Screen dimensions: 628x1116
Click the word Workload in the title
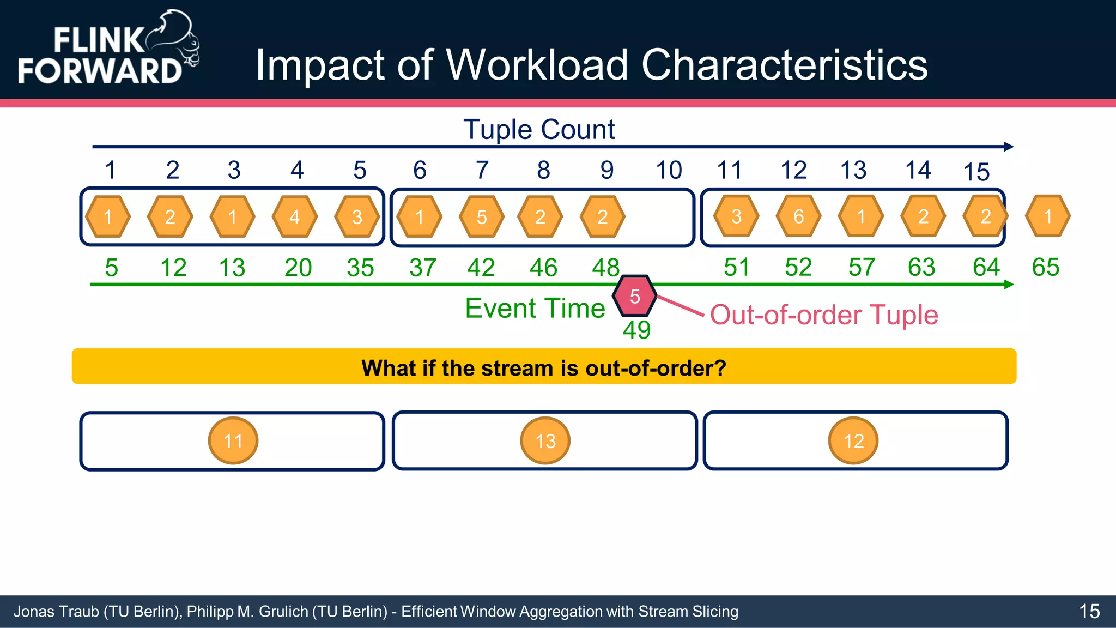point(537,65)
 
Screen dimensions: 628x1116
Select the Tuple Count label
point(539,130)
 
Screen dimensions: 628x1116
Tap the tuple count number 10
point(669,170)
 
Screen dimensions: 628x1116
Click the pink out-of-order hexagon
point(634,296)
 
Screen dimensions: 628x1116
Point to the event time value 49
point(636,330)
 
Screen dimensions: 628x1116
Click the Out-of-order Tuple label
point(824,315)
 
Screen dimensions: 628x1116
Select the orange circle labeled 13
point(545,440)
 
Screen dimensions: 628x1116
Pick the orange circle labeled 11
point(233,440)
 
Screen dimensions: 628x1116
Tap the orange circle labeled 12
point(853,440)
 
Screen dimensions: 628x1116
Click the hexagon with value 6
point(798,216)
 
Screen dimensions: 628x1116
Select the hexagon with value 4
point(294,217)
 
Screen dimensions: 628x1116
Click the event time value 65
point(1045,267)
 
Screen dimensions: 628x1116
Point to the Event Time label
point(535,309)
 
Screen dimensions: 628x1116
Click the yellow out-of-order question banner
point(544,366)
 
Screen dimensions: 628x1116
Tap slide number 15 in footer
point(1089,612)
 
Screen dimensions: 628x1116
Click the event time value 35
point(360,268)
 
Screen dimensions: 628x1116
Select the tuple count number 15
point(976,172)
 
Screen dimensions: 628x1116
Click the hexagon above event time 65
point(1047,216)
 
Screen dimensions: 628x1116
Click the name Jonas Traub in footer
point(56,612)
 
